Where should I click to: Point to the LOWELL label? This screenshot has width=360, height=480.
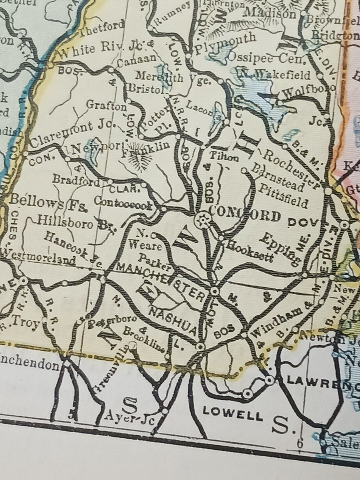[x=232, y=414]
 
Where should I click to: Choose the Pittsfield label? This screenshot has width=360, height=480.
[x=283, y=196]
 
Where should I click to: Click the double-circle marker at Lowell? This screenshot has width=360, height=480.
[x=247, y=393]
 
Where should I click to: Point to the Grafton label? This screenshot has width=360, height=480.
[x=106, y=106]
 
